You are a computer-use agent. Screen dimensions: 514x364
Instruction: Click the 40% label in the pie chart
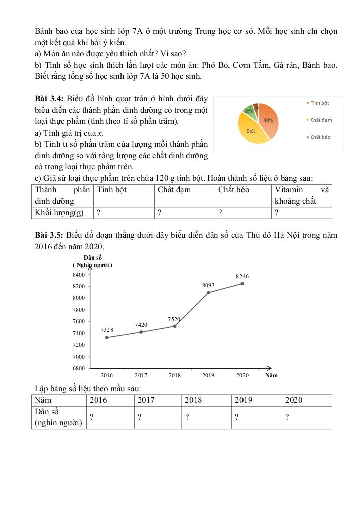coord(268,120)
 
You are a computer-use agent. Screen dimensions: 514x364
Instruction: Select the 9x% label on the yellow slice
coord(251,131)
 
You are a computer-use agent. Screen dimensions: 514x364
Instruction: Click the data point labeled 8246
coord(242,283)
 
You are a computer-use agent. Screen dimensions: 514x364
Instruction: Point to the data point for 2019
coord(208,292)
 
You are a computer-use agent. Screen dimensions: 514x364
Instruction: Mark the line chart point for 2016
coord(107,337)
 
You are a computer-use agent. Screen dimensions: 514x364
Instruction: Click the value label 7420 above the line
coord(141,325)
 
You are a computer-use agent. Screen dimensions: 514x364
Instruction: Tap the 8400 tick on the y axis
coord(79,275)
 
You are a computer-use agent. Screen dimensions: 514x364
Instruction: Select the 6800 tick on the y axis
coord(79,368)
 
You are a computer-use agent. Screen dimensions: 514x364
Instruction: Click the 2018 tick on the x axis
coord(174,375)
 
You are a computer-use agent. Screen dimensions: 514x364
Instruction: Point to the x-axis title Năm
coord(271,375)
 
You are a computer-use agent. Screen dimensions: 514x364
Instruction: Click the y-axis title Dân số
coord(92,258)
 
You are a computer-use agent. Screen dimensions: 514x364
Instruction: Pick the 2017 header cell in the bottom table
coord(146,400)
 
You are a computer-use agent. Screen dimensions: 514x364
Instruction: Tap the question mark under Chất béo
coord(220,213)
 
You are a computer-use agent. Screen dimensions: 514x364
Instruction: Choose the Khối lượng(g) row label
coord(59,213)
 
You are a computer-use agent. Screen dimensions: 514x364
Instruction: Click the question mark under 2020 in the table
coord(287,417)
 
